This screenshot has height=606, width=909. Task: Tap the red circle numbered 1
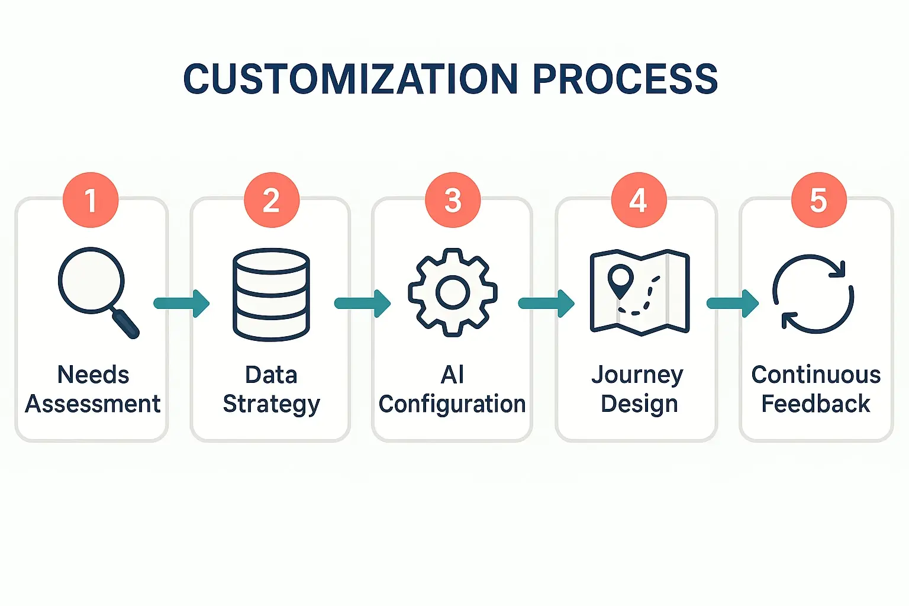point(91,200)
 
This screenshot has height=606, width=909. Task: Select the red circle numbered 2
point(272,200)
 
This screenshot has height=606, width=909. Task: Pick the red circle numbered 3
point(453,200)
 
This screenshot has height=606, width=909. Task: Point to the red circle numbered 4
point(639,200)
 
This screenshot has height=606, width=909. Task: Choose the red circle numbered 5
point(819,200)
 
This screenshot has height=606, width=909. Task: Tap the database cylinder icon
point(272,294)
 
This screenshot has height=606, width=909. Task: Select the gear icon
point(453,292)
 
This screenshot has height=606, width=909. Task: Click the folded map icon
point(640,292)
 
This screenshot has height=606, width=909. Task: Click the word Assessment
point(92,404)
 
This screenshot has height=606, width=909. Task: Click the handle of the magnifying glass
point(125,324)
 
